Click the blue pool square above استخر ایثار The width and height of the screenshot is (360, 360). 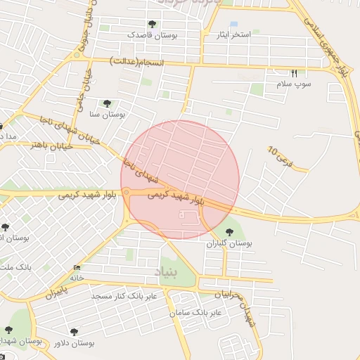[x=233, y=25]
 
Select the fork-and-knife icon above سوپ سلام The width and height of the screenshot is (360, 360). [x=294, y=73]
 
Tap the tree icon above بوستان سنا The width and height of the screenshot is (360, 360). [x=107, y=103]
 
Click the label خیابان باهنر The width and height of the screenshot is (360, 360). [x=29, y=145]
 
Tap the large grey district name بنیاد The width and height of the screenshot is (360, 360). [x=167, y=271]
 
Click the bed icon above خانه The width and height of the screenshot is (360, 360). [x=77, y=268]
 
